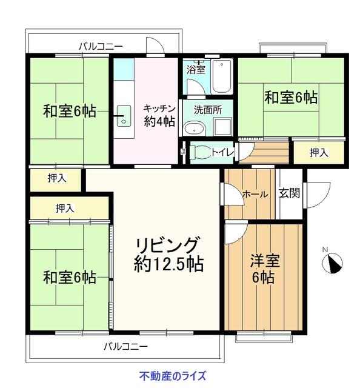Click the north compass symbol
[x=333, y=263]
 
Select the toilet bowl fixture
[x=199, y=152]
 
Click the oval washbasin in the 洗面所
[x=195, y=129]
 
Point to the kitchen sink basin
[x=124, y=116]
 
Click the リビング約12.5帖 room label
[x=168, y=254]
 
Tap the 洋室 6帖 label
[x=264, y=269]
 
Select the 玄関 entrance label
[x=289, y=193]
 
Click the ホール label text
[x=255, y=194]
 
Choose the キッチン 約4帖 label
[x=159, y=115]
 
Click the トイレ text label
[x=222, y=152]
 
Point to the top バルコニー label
[x=101, y=46]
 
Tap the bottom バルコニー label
[x=125, y=346]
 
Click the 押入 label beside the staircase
[x=319, y=153]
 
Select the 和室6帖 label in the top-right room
[x=291, y=97]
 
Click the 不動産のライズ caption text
[x=173, y=376]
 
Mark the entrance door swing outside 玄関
[x=319, y=195]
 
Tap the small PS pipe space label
[x=183, y=152]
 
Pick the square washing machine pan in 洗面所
[x=222, y=127]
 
